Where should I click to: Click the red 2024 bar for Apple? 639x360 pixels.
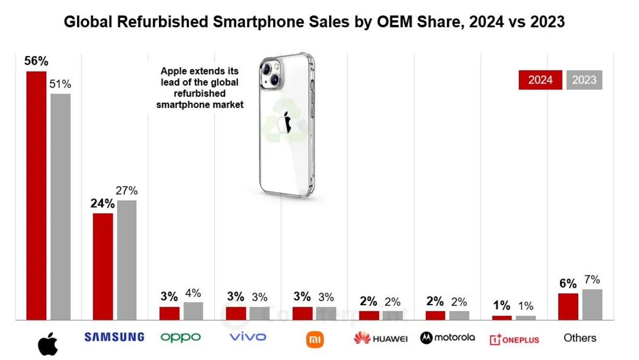(36, 195)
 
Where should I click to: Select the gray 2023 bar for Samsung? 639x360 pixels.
(127, 260)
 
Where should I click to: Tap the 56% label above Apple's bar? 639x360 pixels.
(36, 61)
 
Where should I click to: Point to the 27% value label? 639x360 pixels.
(127, 191)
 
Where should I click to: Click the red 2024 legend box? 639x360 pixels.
(540, 80)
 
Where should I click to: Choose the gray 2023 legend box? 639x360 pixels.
(584, 80)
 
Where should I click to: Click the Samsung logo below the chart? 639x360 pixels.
(114, 337)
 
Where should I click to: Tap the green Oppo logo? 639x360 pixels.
(181, 337)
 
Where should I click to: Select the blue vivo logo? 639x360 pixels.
(247, 337)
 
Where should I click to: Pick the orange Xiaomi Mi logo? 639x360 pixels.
(315, 340)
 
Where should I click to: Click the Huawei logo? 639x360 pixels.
(381, 338)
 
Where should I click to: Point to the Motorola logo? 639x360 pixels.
(447, 338)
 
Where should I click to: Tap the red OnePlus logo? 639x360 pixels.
(514, 340)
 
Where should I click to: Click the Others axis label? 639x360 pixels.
(580, 338)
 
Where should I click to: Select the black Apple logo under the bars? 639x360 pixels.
(48, 344)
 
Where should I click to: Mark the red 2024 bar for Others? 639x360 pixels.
(568, 306)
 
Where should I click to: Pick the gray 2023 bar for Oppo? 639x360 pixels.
(193, 311)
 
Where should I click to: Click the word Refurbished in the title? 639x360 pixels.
(162, 22)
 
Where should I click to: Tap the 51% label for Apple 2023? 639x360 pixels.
(60, 84)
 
